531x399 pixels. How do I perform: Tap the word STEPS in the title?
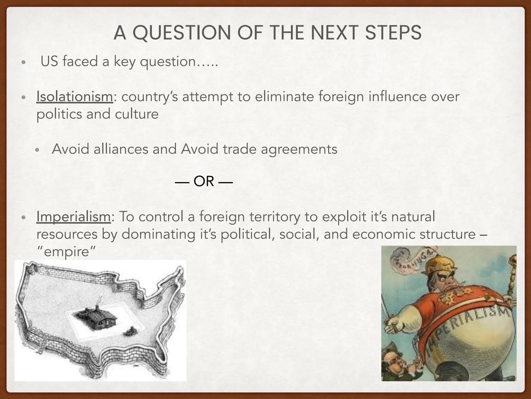pyautogui.click(x=393, y=33)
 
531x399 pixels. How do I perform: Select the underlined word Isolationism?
pyautogui.click(x=74, y=96)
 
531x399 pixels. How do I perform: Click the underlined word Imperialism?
pyautogui.click(x=73, y=216)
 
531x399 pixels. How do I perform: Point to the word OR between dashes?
pyautogui.click(x=204, y=181)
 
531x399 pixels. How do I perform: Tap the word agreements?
pyautogui.click(x=299, y=149)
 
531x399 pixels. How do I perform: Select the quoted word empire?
pyautogui.click(x=66, y=252)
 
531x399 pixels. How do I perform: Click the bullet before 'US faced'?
pyautogui.click(x=24, y=62)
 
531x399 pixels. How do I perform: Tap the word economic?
pyautogui.click(x=384, y=234)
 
